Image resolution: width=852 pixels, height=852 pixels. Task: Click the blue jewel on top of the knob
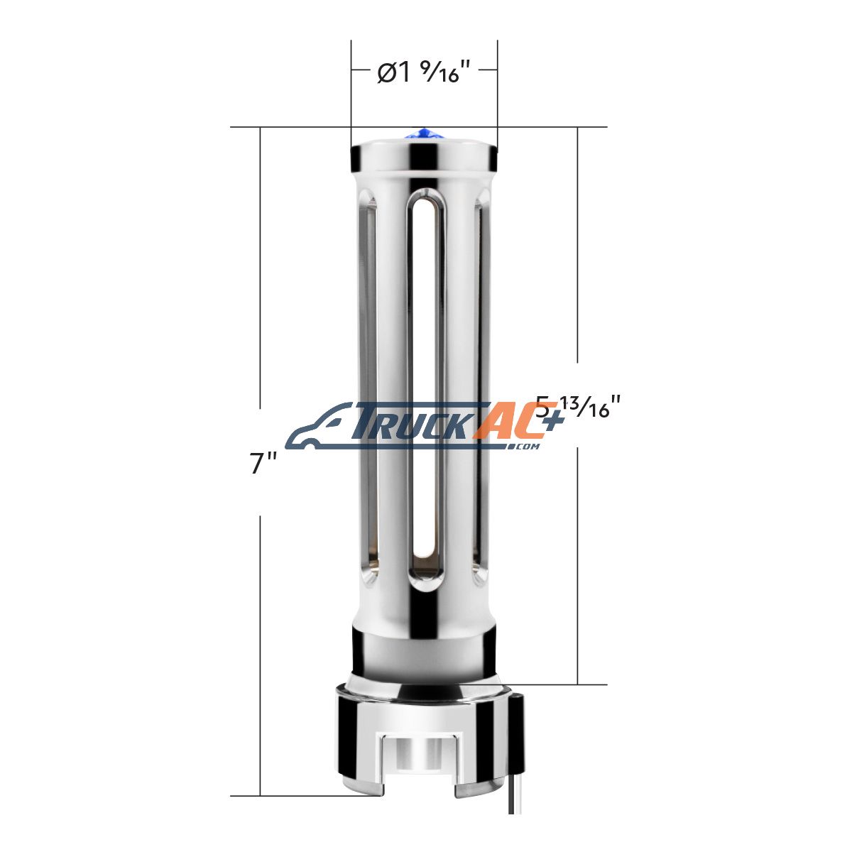click(423, 133)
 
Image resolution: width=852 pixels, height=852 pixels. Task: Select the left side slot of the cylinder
click(368, 389)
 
